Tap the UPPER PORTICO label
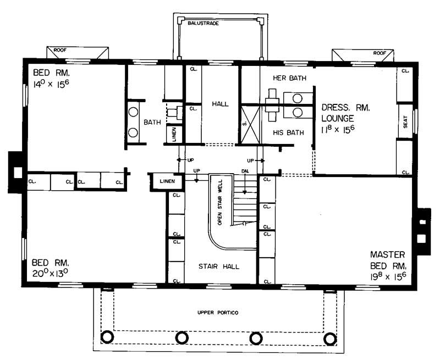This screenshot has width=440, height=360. tap(218, 312)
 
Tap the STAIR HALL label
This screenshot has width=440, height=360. tap(219, 266)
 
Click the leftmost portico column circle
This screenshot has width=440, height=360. tap(108, 337)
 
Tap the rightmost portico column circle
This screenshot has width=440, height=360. tap(330, 337)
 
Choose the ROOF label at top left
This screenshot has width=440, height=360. tap(59, 50)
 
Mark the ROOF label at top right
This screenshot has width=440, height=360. tap(378, 53)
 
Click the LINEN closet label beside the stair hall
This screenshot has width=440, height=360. tap(167, 181)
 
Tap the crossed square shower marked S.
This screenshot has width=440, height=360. tap(250, 125)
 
